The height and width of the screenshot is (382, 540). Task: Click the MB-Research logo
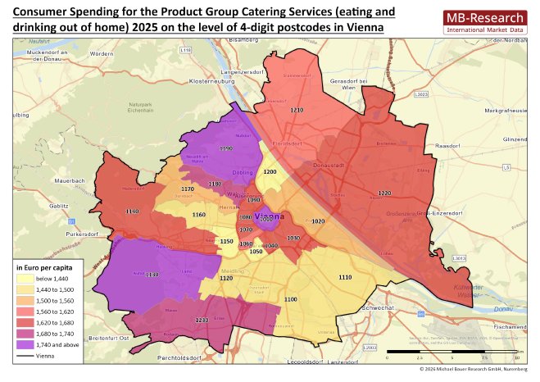[483, 22]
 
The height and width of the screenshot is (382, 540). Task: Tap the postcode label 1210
[296, 110]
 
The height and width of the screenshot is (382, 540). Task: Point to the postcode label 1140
[132, 211]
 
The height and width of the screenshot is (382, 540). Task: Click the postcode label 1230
[202, 320]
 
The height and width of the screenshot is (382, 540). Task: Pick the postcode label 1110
[345, 279]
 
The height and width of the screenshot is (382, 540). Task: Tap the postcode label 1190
[226, 149]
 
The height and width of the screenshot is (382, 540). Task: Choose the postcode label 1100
[290, 300]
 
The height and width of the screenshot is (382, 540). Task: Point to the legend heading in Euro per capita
[46, 268]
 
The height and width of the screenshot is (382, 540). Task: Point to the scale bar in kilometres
[451, 352]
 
